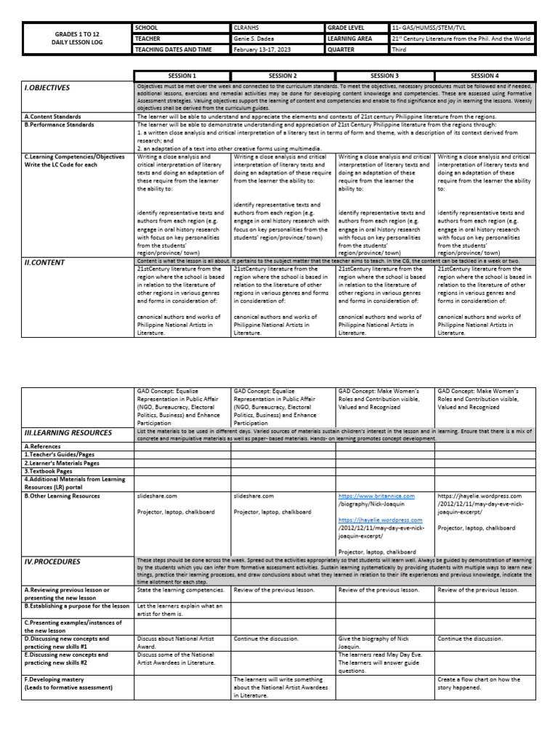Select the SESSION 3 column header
click(384, 75)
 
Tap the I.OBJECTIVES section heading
click(48, 88)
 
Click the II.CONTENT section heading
click(45, 263)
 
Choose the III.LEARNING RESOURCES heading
click(68, 433)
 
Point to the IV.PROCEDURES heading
click(52, 562)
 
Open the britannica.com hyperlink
click(376, 496)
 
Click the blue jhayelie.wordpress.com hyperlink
click(380, 520)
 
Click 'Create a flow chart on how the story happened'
click(479, 683)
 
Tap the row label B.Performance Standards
click(60, 125)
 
